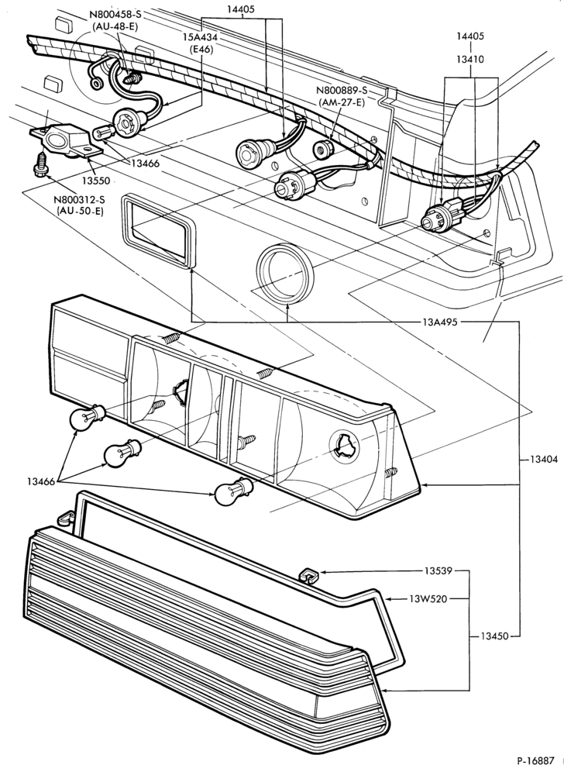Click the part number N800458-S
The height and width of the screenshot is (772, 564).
click(x=115, y=16)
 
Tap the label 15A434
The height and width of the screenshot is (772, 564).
click(x=201, y=38)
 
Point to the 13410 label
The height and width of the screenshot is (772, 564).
click(x=470, y=60)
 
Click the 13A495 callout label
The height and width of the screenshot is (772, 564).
click(x=440, y=322)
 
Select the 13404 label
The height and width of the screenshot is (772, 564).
click(x=544, y=460)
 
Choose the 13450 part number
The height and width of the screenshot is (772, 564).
click(x=493, y=636)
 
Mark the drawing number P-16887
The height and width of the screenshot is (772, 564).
click(x=535, y=760)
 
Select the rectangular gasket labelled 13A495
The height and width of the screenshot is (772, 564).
click(x=159, y=232)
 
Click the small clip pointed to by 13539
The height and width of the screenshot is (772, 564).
click(x=308, y=574)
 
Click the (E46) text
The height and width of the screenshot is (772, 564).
click(x=201, y=50)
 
